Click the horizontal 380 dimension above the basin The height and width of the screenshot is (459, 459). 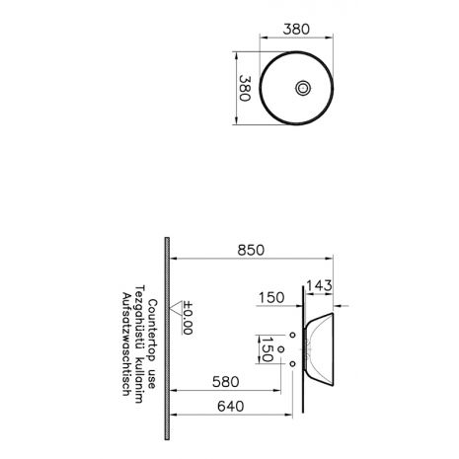[296, 30]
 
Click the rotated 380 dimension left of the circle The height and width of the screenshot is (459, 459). [245, 88]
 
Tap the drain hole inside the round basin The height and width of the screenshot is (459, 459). [302, 88]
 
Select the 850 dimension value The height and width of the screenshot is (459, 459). [251, 250]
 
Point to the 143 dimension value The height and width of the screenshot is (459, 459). [319, 285]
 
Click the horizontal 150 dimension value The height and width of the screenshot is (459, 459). [271, 298]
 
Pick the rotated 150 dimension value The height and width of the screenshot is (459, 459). [267, 349]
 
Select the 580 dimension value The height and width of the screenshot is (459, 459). [226, 382]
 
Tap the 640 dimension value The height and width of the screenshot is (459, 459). [231, 407]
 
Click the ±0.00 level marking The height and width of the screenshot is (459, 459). [188, 318]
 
